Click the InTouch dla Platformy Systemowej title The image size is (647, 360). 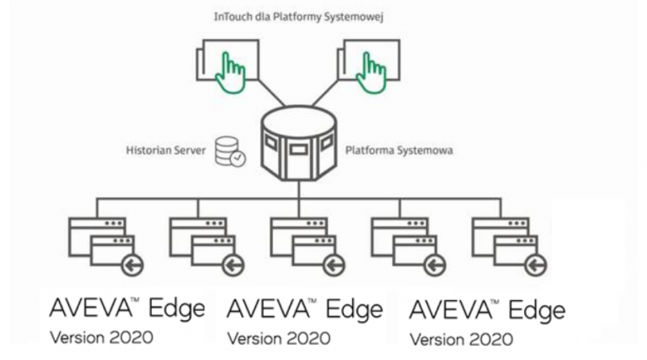300,17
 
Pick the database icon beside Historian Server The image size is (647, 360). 228,152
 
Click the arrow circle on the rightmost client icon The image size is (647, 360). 535,265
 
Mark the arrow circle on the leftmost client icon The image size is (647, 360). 132,265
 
